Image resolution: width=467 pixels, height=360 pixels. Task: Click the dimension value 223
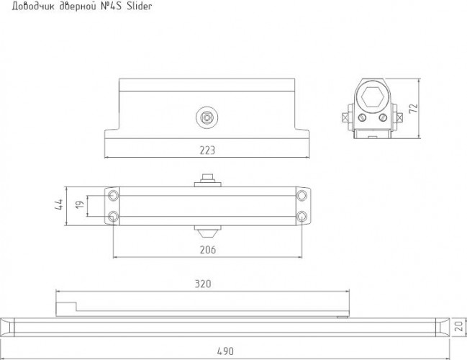pyautogui.click(x=207, y=150)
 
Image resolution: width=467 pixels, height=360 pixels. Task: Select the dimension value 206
pyautogui.click(x=207, y=249)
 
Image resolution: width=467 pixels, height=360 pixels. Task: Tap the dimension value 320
pyautogui.click(x=203, y=284)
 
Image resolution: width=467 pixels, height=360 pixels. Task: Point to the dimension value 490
pyautogui.click(x=225, y=351)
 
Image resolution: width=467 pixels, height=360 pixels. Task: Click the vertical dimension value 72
pyautogui.click(x=413, y=108)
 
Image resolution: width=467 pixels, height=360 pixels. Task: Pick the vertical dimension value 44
pyautogui.click(x=59, y=204)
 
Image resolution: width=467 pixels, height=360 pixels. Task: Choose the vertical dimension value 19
pyautogui.click(x=80, y=204)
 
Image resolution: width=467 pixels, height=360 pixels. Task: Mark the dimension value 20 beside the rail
pyautogui.click(x=460, y=326)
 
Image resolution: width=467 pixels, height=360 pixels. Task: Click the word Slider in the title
pyautogui.click(x=140, y=6)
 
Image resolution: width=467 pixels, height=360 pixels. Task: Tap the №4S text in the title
pyautogui.click(x=109, y=6)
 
